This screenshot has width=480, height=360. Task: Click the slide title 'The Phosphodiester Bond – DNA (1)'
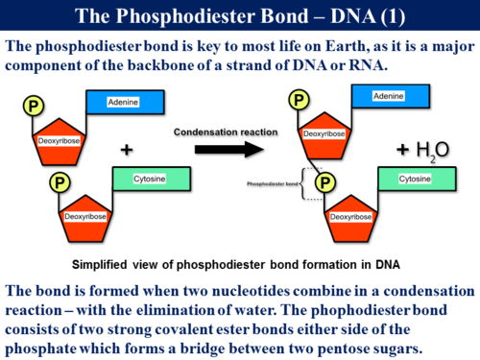(x=239, y=16)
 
